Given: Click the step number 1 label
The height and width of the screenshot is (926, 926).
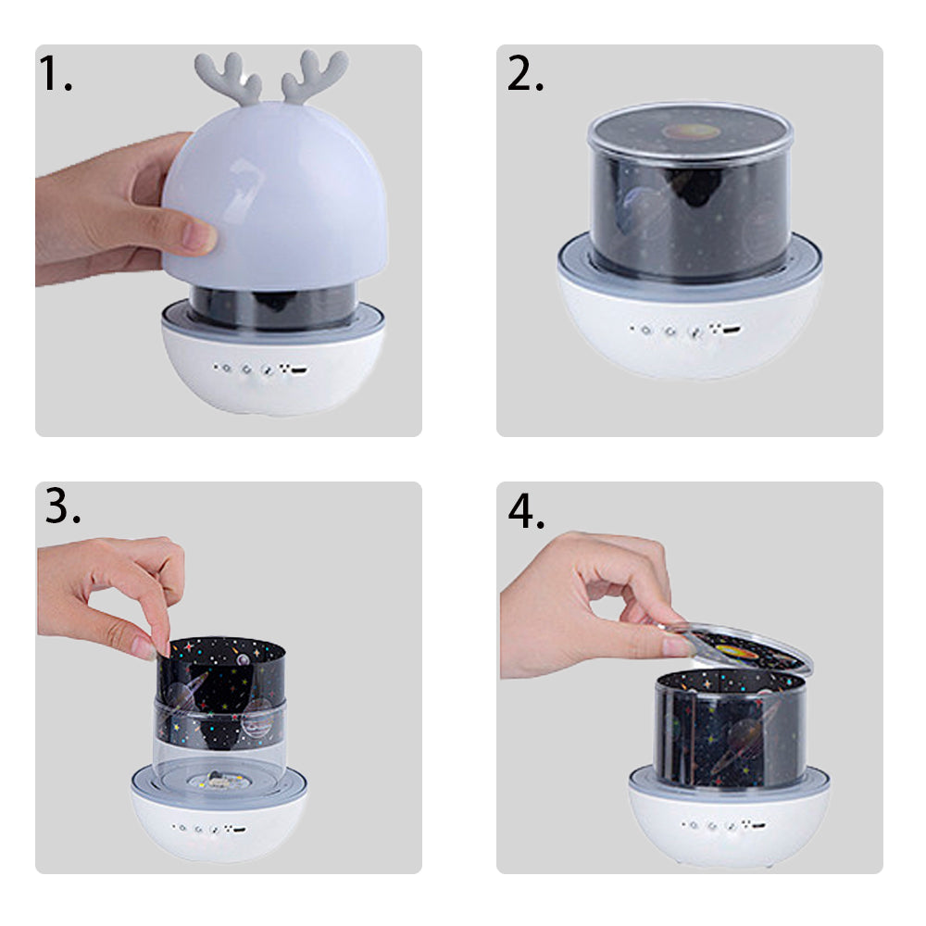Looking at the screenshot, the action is [55, 73].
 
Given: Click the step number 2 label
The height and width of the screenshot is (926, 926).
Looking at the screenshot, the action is [525, 73].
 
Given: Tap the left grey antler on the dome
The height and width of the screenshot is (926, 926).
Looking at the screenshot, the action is [228, 78].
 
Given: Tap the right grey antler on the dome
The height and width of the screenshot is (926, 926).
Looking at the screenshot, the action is [314, 76].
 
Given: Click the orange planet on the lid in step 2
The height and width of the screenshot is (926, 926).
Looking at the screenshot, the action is [691, 131].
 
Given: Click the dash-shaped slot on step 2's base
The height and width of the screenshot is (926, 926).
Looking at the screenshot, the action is [732, 330].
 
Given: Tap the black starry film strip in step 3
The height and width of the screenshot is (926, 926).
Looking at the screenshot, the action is [220, 691].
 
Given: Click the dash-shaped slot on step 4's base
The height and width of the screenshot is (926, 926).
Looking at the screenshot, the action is [758, 825].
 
